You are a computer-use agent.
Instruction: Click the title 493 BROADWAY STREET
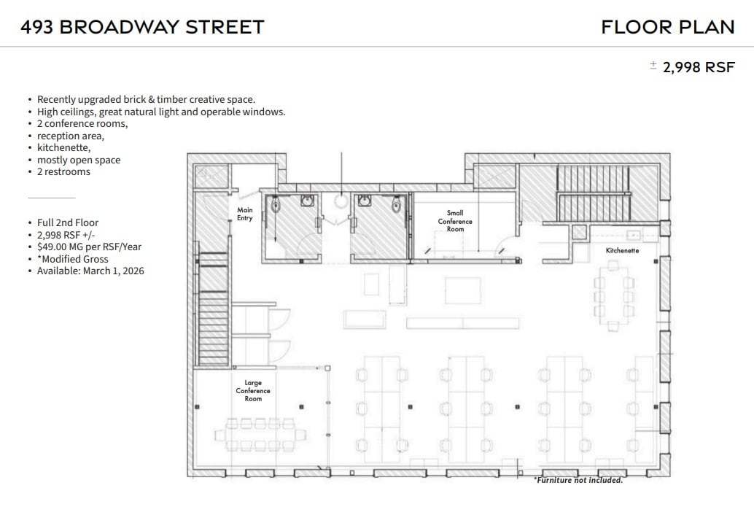click(x=142, y=27)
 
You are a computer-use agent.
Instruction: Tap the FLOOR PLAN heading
click(x=667, y=27)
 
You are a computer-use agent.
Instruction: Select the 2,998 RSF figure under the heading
click(x=698, y=67)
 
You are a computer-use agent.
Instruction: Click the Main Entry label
click(x=245, y=214)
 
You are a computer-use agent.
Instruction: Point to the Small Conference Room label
click(x=455, y=221)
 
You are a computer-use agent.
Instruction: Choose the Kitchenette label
click(x=622, y=250)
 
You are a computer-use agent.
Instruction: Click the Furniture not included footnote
click(x=578, y=480)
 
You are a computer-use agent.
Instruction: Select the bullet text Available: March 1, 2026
click(x=90, y=271)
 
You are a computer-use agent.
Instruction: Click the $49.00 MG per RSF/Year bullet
click(x=89, y=247)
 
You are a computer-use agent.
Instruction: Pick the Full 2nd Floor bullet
click(x=68, y=222)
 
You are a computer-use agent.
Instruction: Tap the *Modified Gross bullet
click(x=72, y=259)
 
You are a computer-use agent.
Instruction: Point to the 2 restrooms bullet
click(x=63, y=171)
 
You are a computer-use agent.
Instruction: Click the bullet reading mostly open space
click(x=79, y=160)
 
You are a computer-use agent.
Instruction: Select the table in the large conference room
click(x=255, y=435)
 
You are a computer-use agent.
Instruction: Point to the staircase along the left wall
click(x=213, y=306)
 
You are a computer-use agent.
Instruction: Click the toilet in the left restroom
click(x=276, y=206)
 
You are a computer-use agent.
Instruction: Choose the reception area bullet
click(x=71, y=136)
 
